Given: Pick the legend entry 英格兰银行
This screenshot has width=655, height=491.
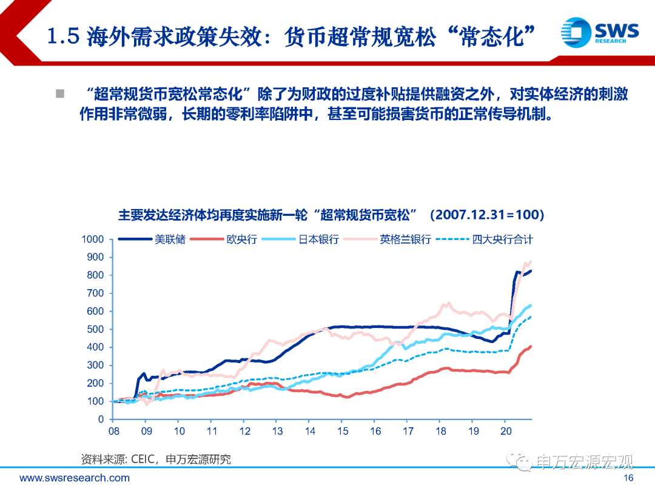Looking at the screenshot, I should pos(405,239).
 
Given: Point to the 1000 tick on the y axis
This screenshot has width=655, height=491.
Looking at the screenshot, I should pos(93,239).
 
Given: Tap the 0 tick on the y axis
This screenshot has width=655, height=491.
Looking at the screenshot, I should pos(101,419).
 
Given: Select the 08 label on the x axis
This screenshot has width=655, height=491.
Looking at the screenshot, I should pos(113,432).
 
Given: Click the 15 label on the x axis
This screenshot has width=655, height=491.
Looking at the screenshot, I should pos(343,432).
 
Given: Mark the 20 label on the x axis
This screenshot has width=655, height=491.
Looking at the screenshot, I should pos(506,432).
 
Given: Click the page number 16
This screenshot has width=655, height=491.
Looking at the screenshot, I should pos(628,478).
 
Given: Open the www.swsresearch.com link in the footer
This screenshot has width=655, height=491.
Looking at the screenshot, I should pos(75,478).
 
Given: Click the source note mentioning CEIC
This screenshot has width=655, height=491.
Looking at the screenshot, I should pos(156,459).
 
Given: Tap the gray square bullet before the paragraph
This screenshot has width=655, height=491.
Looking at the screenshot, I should pos(60,94).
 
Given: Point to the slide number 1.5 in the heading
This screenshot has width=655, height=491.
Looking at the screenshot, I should pos(63,38).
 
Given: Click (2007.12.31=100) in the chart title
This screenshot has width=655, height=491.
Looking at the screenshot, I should pos(486,215).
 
